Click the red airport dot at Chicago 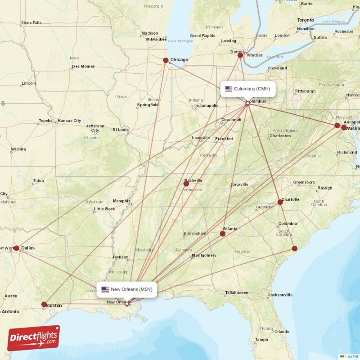[x=166, y=60]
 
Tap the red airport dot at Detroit [x=240, y=55]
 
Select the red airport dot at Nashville [x=186, y=184]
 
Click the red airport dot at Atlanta [x=222, y=234]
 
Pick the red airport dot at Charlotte [x=280, y=202]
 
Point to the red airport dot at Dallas [x=16, y=248]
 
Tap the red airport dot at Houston [x=44, y=304]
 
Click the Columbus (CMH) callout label [x=247, y=89]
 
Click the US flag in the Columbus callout [x=229, y=89]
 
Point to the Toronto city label [x=306, y=20]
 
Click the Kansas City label [x=69, y=121]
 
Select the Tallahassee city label [x=237, y=292]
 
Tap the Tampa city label [x=261, y=339]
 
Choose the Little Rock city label [x=104, y=209]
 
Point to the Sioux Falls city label [x=31, y=22]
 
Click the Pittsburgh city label [x=305, y=91]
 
